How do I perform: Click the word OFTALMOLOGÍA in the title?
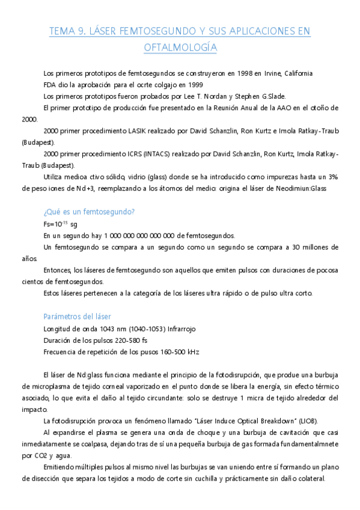point(180,47)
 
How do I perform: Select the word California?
point(295,73)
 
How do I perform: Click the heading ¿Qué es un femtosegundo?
point(89,212)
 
